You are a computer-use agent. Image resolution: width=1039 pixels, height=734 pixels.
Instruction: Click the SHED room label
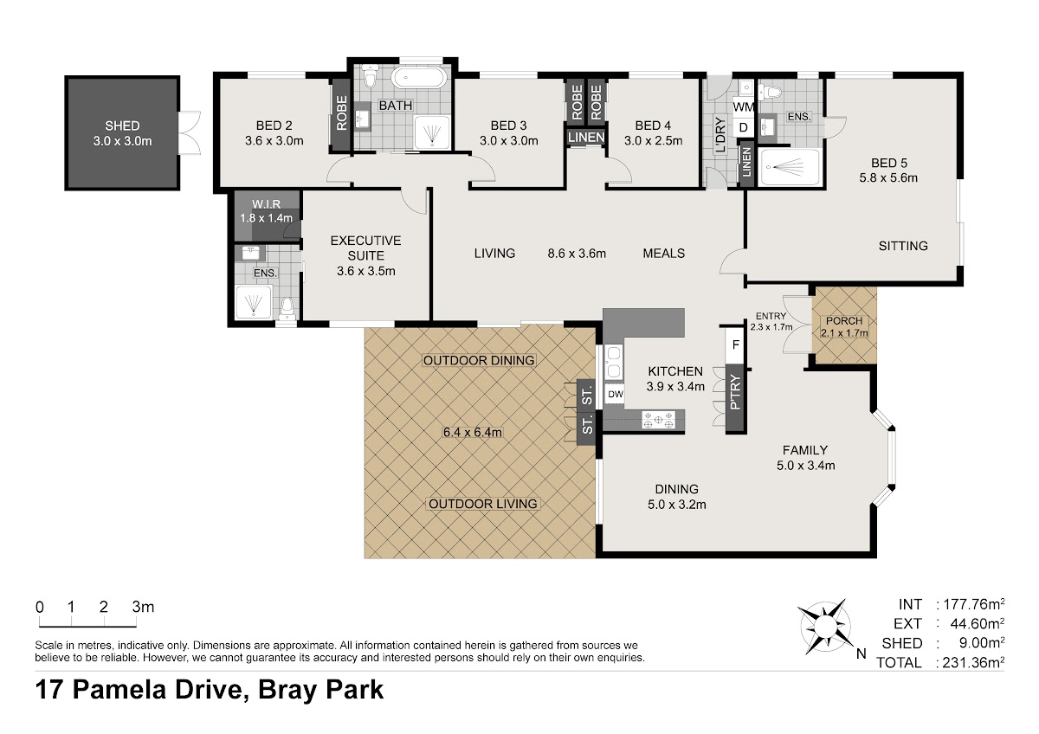[122, 126]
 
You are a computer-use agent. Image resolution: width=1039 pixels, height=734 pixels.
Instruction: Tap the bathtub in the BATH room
[419, 77]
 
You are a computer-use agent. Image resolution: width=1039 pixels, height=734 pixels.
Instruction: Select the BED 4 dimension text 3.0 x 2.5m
[653, 140]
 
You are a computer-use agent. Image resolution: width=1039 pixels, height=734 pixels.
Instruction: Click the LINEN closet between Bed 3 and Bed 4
[586, 138]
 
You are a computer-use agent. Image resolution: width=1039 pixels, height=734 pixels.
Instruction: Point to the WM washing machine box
[743, 106]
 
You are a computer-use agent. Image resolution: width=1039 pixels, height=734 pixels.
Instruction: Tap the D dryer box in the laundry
[743, 127]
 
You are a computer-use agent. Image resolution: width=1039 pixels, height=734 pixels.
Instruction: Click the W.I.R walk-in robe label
[267, 204]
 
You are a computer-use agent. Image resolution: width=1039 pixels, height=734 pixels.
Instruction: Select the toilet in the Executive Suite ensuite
[287, 307]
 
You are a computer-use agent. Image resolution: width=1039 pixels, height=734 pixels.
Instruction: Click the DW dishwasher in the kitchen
[615, 394]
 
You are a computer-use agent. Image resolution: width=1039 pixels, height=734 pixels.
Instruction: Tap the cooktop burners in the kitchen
[658, 420]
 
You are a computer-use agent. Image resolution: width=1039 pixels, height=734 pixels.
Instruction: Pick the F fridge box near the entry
[736, 345]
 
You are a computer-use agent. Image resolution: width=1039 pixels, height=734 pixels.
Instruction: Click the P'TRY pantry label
[736, 392]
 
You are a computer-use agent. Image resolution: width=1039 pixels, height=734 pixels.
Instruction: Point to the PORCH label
[844, 321]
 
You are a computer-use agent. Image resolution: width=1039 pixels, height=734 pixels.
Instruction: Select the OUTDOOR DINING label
[479, 360]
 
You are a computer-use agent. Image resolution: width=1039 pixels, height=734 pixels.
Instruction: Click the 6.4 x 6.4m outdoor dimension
[473, 432]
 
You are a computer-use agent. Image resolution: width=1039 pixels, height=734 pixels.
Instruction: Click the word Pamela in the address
[119, 690]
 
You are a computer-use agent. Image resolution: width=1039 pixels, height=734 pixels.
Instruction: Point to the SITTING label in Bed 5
[903, 246]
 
